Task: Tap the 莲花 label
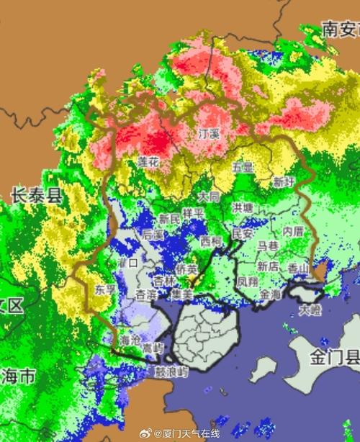pos(148,163)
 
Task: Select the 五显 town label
pos(243,167)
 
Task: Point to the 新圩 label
pos(283,182)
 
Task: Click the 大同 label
pos(209,196)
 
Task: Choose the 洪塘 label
pos(243,208)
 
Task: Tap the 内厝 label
pos(293,231)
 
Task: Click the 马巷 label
pos(268,246)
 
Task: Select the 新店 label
pos(268,266)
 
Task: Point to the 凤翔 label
pos(247,281)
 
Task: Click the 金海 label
pos(271,294)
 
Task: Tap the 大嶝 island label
pos(310,310)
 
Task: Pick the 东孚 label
pos(105,290)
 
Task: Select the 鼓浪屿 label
pos(171,372)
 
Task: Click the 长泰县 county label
pos(37,194)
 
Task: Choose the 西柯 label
pos(211,240)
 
